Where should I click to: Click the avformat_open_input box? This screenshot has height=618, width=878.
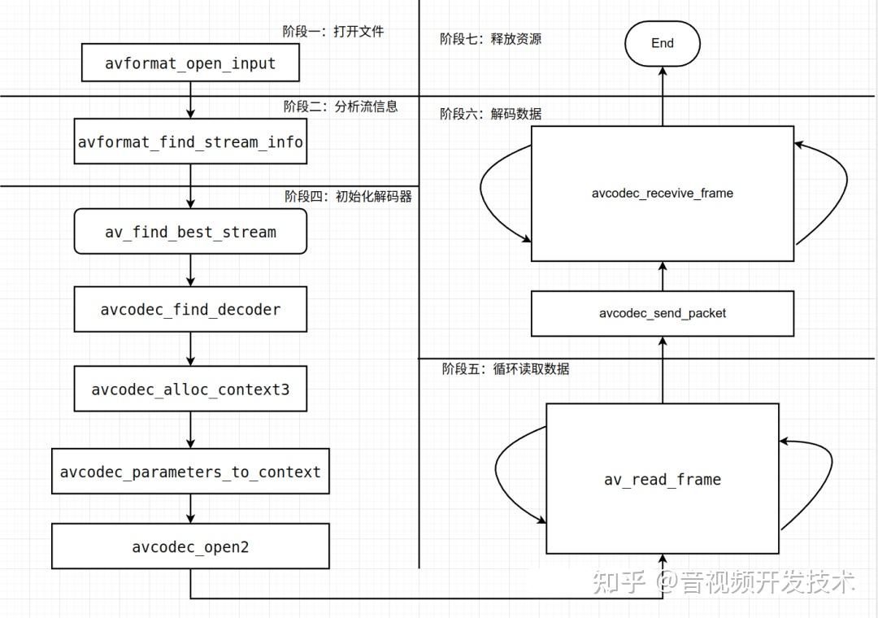(x=190, y=63)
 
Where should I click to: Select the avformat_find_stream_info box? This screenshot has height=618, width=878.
(x=190, y=142)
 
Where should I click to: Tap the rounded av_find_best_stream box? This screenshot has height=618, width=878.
(x=190, y=232)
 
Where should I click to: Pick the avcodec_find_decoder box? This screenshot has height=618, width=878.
(x=190, y=309)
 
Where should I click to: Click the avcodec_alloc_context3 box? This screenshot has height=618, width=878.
(x=190, y=389)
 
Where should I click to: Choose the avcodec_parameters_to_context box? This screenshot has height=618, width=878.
(x=190, y=472)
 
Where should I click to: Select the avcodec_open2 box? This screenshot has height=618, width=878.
(x=190, y=546)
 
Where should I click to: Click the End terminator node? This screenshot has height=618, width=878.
(x=662, y=43)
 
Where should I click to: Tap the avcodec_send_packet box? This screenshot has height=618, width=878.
(x=662, y=313)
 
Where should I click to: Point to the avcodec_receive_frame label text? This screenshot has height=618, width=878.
(x=662, y=194)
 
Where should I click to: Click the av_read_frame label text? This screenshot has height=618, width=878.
(x=662, y=480)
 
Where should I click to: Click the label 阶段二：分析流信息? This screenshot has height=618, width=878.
(x=340, y=107)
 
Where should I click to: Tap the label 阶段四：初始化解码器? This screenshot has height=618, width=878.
(x=347, y=196)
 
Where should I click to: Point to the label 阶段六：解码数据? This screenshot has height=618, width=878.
(x=490, y=114)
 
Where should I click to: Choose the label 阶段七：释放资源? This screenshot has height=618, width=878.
(x=490, y=38)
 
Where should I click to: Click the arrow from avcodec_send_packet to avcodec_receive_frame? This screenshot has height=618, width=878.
(x=662, y=276)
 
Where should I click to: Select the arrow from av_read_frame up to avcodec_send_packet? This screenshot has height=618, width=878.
(x=662, y=370)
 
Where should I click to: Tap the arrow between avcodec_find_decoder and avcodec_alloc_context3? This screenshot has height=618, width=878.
(x=190, y=349)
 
